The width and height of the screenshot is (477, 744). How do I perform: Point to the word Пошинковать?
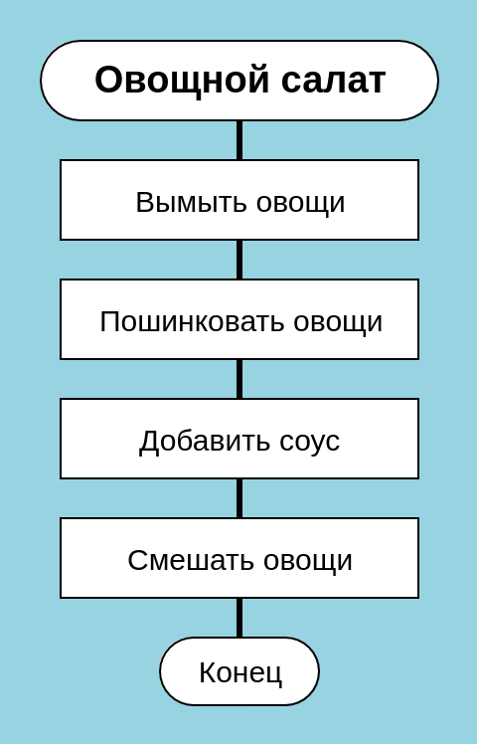tap(191, 321)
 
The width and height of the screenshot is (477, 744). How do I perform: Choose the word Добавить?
tap(204, 442)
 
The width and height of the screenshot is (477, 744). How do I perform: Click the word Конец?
tap(240, 672)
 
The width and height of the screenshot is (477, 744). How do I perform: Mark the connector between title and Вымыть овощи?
tap(239, 140)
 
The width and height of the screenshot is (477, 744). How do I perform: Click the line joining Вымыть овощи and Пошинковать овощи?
tap(239, 260)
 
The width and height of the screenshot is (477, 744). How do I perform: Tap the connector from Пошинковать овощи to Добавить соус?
tap(239, 379)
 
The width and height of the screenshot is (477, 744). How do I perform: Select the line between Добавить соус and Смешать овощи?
tap(239, 498)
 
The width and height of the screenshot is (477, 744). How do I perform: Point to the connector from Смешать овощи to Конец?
tap(239, 618)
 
